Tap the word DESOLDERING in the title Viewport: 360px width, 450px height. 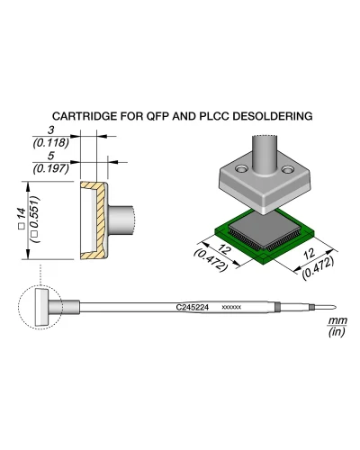(x=273, y=116)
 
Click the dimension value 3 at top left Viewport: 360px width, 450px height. (x=51, y=130)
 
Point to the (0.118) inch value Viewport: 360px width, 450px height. (x=51, y=143)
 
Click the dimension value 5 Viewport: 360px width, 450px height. (x=51, y=156)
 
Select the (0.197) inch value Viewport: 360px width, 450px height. (x=51, y=168)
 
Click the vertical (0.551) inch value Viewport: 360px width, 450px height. (x=35, y=220)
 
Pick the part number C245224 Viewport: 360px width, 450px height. (x=192, y=308)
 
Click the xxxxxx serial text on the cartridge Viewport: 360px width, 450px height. (x=231, y=308)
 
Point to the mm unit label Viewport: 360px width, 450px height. (x=337, y=320)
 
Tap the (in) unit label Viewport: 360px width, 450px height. (x=337, y=331)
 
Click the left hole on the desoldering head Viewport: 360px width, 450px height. (x=240, y=169)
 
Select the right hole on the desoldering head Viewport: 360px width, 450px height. (x=288, y=169)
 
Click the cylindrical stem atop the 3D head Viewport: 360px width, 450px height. (x=264, y=155)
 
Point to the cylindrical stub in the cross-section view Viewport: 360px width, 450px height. (x=121, y=220)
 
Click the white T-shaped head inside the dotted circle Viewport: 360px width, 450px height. (x=41, y=308)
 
